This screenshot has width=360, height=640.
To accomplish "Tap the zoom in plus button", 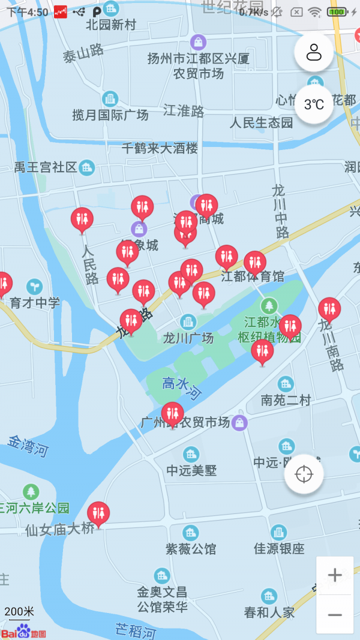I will tap(335, 575).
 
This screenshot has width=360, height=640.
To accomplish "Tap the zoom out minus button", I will tap(335, 615).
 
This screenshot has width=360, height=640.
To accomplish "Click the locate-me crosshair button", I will tap(304, 474).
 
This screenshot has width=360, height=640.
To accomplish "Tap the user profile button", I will tap(314, 53).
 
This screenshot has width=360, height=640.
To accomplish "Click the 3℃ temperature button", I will tap(314, 104).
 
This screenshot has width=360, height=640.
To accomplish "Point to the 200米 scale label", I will tap(19, 612).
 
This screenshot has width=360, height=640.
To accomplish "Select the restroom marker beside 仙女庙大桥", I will tap(98, 513).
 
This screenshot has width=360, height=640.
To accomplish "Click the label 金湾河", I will tap(28, 447).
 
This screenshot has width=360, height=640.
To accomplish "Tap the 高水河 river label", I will tap(182, 389).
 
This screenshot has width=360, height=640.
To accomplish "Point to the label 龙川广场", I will tap(188, 338).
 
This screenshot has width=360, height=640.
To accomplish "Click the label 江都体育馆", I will tap(253, 277).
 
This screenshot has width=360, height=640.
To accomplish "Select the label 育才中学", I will tap(35, 303).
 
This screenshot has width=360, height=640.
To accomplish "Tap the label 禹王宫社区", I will tap(46, 167).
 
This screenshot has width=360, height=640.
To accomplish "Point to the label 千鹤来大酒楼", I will tap(160, 148).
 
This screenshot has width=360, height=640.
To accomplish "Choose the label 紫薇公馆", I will tap(191, 549).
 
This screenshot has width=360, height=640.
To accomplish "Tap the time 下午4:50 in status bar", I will tap(27, 12).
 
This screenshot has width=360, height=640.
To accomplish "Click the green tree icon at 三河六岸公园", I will tap(31, 492).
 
